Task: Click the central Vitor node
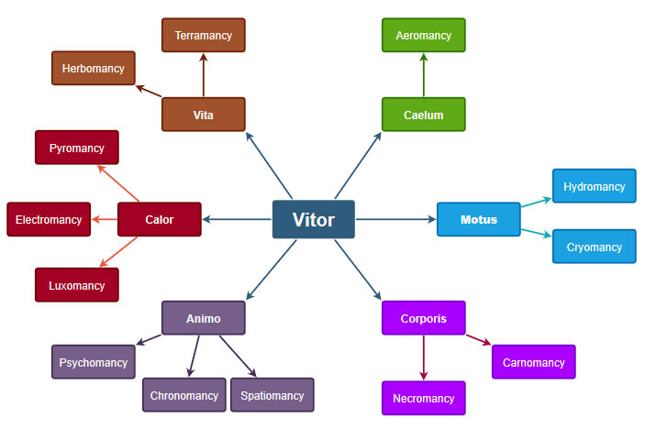[314, 219]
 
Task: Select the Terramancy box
[204, 35]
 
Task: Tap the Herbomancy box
[94, 68]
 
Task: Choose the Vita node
[204, 115]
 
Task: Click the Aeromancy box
[424, 35]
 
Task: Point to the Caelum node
[424, 115]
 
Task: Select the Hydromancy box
[594, 186]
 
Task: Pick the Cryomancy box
[594, 247]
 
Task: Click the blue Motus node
[478, 219]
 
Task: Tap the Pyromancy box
[77, 148]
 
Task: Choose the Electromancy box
[49, 219]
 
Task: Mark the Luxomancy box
[77, 285]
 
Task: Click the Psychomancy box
[94, 362]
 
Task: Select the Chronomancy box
[184, 395]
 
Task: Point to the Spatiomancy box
[272, 395]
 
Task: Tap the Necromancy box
[424, 398]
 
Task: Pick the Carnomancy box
[534, 362]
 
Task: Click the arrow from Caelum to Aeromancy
[424, 75]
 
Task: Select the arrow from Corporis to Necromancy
[424, 357]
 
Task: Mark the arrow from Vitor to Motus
[395, 219]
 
